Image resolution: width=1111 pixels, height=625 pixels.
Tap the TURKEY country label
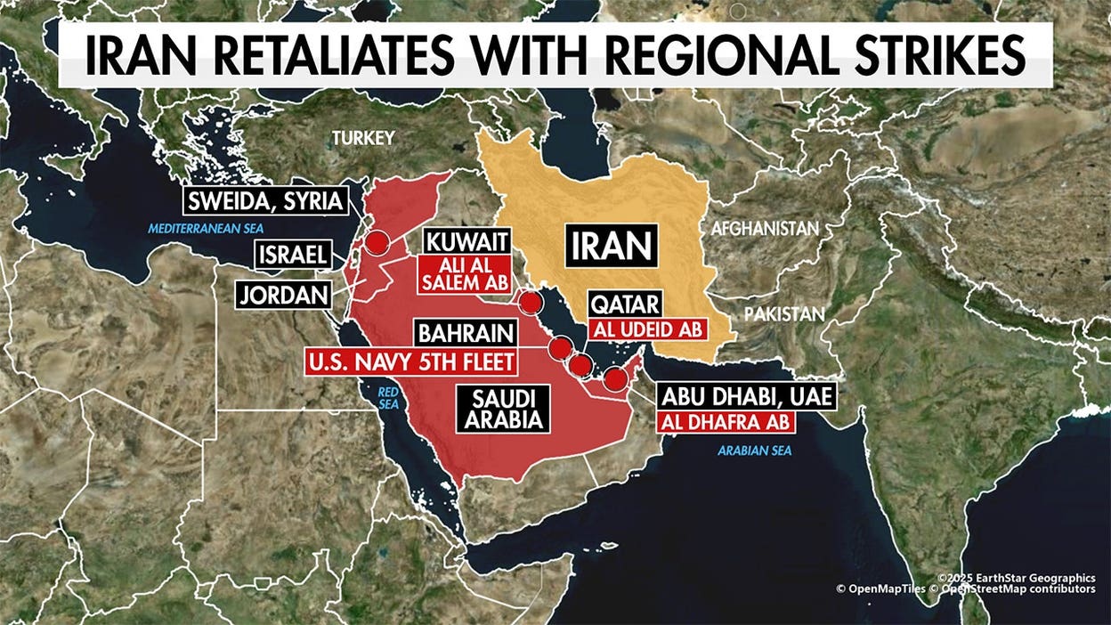tap(362, 138)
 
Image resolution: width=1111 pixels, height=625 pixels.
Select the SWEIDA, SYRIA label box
tap(266, 201)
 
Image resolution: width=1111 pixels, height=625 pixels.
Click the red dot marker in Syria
tap(378, 242)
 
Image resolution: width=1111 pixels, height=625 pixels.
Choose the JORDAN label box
tap(282, 295)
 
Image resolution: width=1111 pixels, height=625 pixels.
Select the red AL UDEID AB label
tap(645, 329)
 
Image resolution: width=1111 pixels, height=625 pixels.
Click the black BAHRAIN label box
tap(466, 335)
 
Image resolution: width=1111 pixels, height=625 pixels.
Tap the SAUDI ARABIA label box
tap(502, 409)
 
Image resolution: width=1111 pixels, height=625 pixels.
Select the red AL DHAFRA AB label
tap(723, 422)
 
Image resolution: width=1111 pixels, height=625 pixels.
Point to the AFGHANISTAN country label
tap(764, 229)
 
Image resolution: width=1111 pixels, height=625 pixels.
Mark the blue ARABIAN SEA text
tap(754, 451)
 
